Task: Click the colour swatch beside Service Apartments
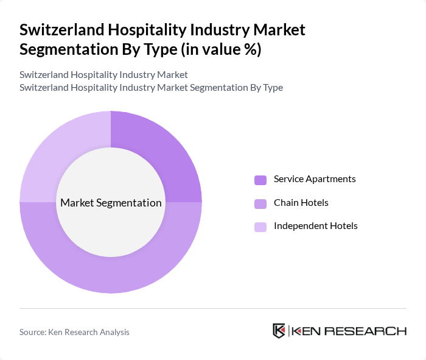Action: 260,180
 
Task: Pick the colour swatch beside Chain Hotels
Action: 260,203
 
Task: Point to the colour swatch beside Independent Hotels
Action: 260,227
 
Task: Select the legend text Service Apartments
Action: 315,179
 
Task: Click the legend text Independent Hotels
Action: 315,225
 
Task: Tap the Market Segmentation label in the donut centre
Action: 111,203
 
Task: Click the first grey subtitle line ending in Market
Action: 103,74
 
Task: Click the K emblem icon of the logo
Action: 279,331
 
